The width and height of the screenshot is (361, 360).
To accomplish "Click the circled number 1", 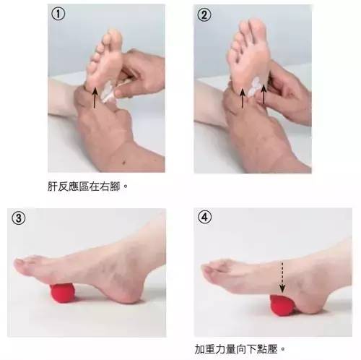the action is (x=58, y=14).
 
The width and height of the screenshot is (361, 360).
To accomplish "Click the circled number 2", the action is (x=204, y=14).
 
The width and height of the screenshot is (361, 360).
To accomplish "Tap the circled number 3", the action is (x=18, y=218).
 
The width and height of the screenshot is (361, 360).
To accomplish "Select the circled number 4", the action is (x=205, y=217).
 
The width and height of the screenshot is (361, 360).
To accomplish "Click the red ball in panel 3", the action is (x=63, y=293).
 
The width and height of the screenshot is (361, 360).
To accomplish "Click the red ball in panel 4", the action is (x=282, y=306).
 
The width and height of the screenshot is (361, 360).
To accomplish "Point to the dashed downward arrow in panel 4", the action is (x=282, y=277).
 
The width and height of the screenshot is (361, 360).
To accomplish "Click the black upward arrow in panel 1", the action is (x=95, y=98).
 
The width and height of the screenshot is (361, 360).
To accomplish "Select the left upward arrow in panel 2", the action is (x=243, y=98).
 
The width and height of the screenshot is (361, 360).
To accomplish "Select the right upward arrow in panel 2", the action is (x=264, y=94).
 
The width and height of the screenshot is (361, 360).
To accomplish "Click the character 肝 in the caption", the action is (x=53, y=187).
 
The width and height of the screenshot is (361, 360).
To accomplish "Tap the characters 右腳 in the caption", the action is (x=110, y=187).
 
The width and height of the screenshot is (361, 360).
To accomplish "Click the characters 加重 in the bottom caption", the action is (x=204, y=349).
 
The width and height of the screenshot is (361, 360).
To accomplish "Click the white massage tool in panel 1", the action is (x=107, y=92).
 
